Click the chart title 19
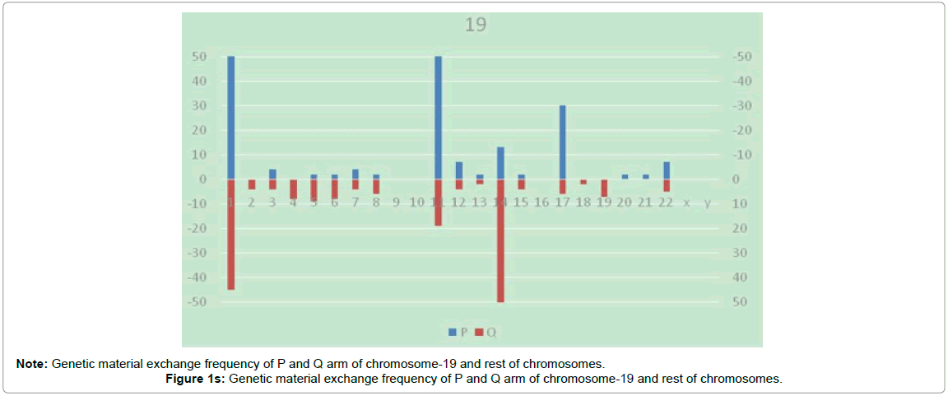pyautogui.click(x=475, y=25)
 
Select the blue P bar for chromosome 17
pyautogui.click(x=563, y=142)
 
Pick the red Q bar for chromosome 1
pyautogui.click(x=231, y=234)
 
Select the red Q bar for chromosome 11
pyautogui.click(x=438, y=202)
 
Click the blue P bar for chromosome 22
pyautogui.click(x=667, y=170)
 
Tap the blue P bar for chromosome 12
pyautogui.click(x=459, y=170)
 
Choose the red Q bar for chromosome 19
pyautogui.click(x=604, y=188)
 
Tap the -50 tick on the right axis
pyautogui.click(x=741, y=56)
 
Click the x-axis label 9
pyautogui.click(x=396, y=203)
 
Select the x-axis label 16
pyautogui.click(x=541, y=203)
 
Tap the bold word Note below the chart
pyautogui.click(x=31, y=363)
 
